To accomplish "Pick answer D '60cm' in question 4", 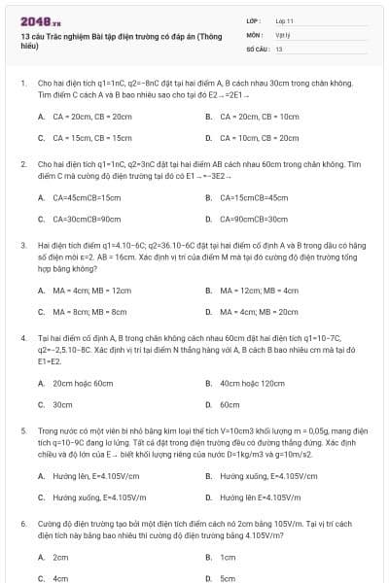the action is coord(230,404).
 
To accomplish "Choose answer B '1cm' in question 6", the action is coord(228,557).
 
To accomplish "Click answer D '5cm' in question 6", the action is coord(228,578).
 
